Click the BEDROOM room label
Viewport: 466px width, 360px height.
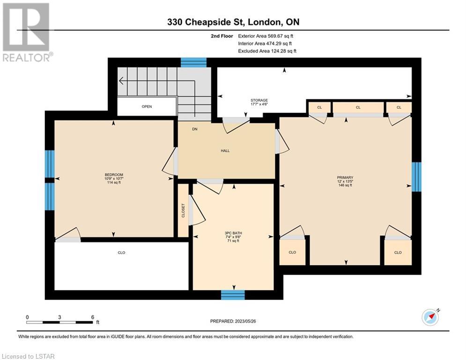(114, 175)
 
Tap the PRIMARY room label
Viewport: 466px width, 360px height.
(345, 177)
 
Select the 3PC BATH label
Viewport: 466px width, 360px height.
(233, 233)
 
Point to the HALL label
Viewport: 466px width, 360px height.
(225, 150)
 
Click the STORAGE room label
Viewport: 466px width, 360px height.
(259, 100)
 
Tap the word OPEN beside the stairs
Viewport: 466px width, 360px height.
(147, 106)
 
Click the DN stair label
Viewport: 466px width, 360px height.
(195, 129)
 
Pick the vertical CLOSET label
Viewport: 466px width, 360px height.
(183, 210)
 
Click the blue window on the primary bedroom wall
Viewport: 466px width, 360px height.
(416, 177)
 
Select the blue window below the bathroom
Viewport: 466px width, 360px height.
(233, 295)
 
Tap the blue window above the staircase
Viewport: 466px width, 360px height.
(194, 62)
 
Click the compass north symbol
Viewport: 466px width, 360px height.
(430, 317)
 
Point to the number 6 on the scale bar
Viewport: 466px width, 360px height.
(93, 317)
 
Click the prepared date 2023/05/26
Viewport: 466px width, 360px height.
(245, 321)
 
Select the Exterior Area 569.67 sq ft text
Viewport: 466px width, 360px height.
(266, 36)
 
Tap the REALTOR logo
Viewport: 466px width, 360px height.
(27, 32)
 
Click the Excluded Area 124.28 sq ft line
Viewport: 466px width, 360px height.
(267, 51)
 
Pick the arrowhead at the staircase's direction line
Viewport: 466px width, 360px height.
(121, 81)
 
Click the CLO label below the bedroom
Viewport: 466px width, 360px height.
(122, 253)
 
